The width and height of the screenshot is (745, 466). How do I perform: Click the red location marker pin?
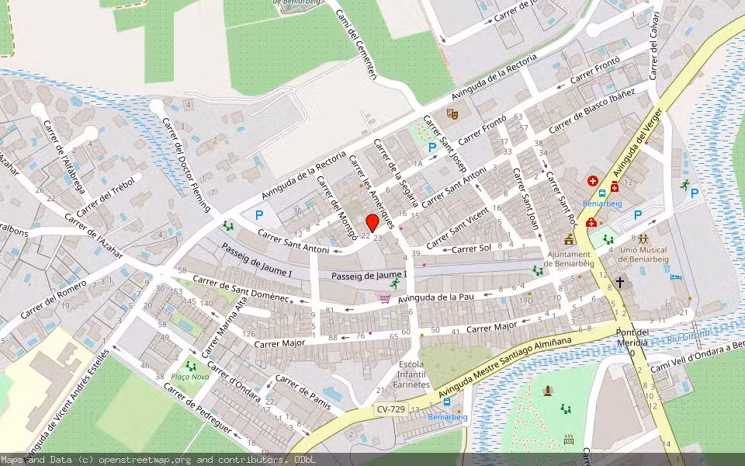372,222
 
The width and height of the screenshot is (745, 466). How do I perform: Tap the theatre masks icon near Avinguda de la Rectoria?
452,115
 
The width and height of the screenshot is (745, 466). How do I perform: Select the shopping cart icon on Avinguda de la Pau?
385,297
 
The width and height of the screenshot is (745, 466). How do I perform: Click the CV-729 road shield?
390,409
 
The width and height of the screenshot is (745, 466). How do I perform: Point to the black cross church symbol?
619,283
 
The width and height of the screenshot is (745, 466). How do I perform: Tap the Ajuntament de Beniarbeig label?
570,259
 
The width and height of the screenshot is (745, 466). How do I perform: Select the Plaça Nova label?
190,378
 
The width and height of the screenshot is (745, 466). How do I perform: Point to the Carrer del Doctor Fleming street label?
184,156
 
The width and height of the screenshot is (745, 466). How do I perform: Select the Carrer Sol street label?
471,249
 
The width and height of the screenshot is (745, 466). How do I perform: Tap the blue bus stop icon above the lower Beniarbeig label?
447,402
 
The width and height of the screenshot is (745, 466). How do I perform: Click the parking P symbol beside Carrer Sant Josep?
432,148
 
